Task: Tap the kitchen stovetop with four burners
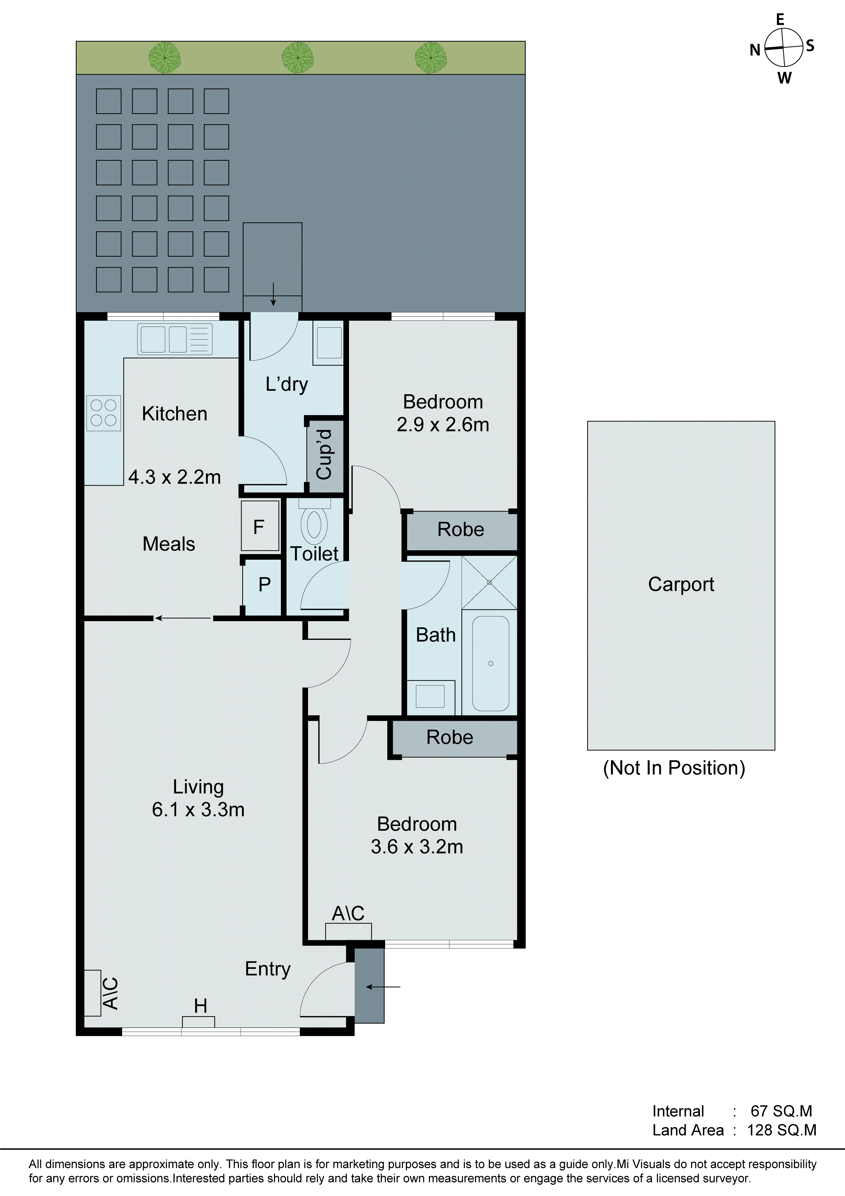click(103, 413)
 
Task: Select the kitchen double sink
click(175, 339)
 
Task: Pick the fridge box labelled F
click(259, 526)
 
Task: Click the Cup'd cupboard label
click(324, 454)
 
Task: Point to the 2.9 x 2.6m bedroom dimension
click(443, 425)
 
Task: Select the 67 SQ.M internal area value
click(781, 1111)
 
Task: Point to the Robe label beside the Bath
click(461, 529)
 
